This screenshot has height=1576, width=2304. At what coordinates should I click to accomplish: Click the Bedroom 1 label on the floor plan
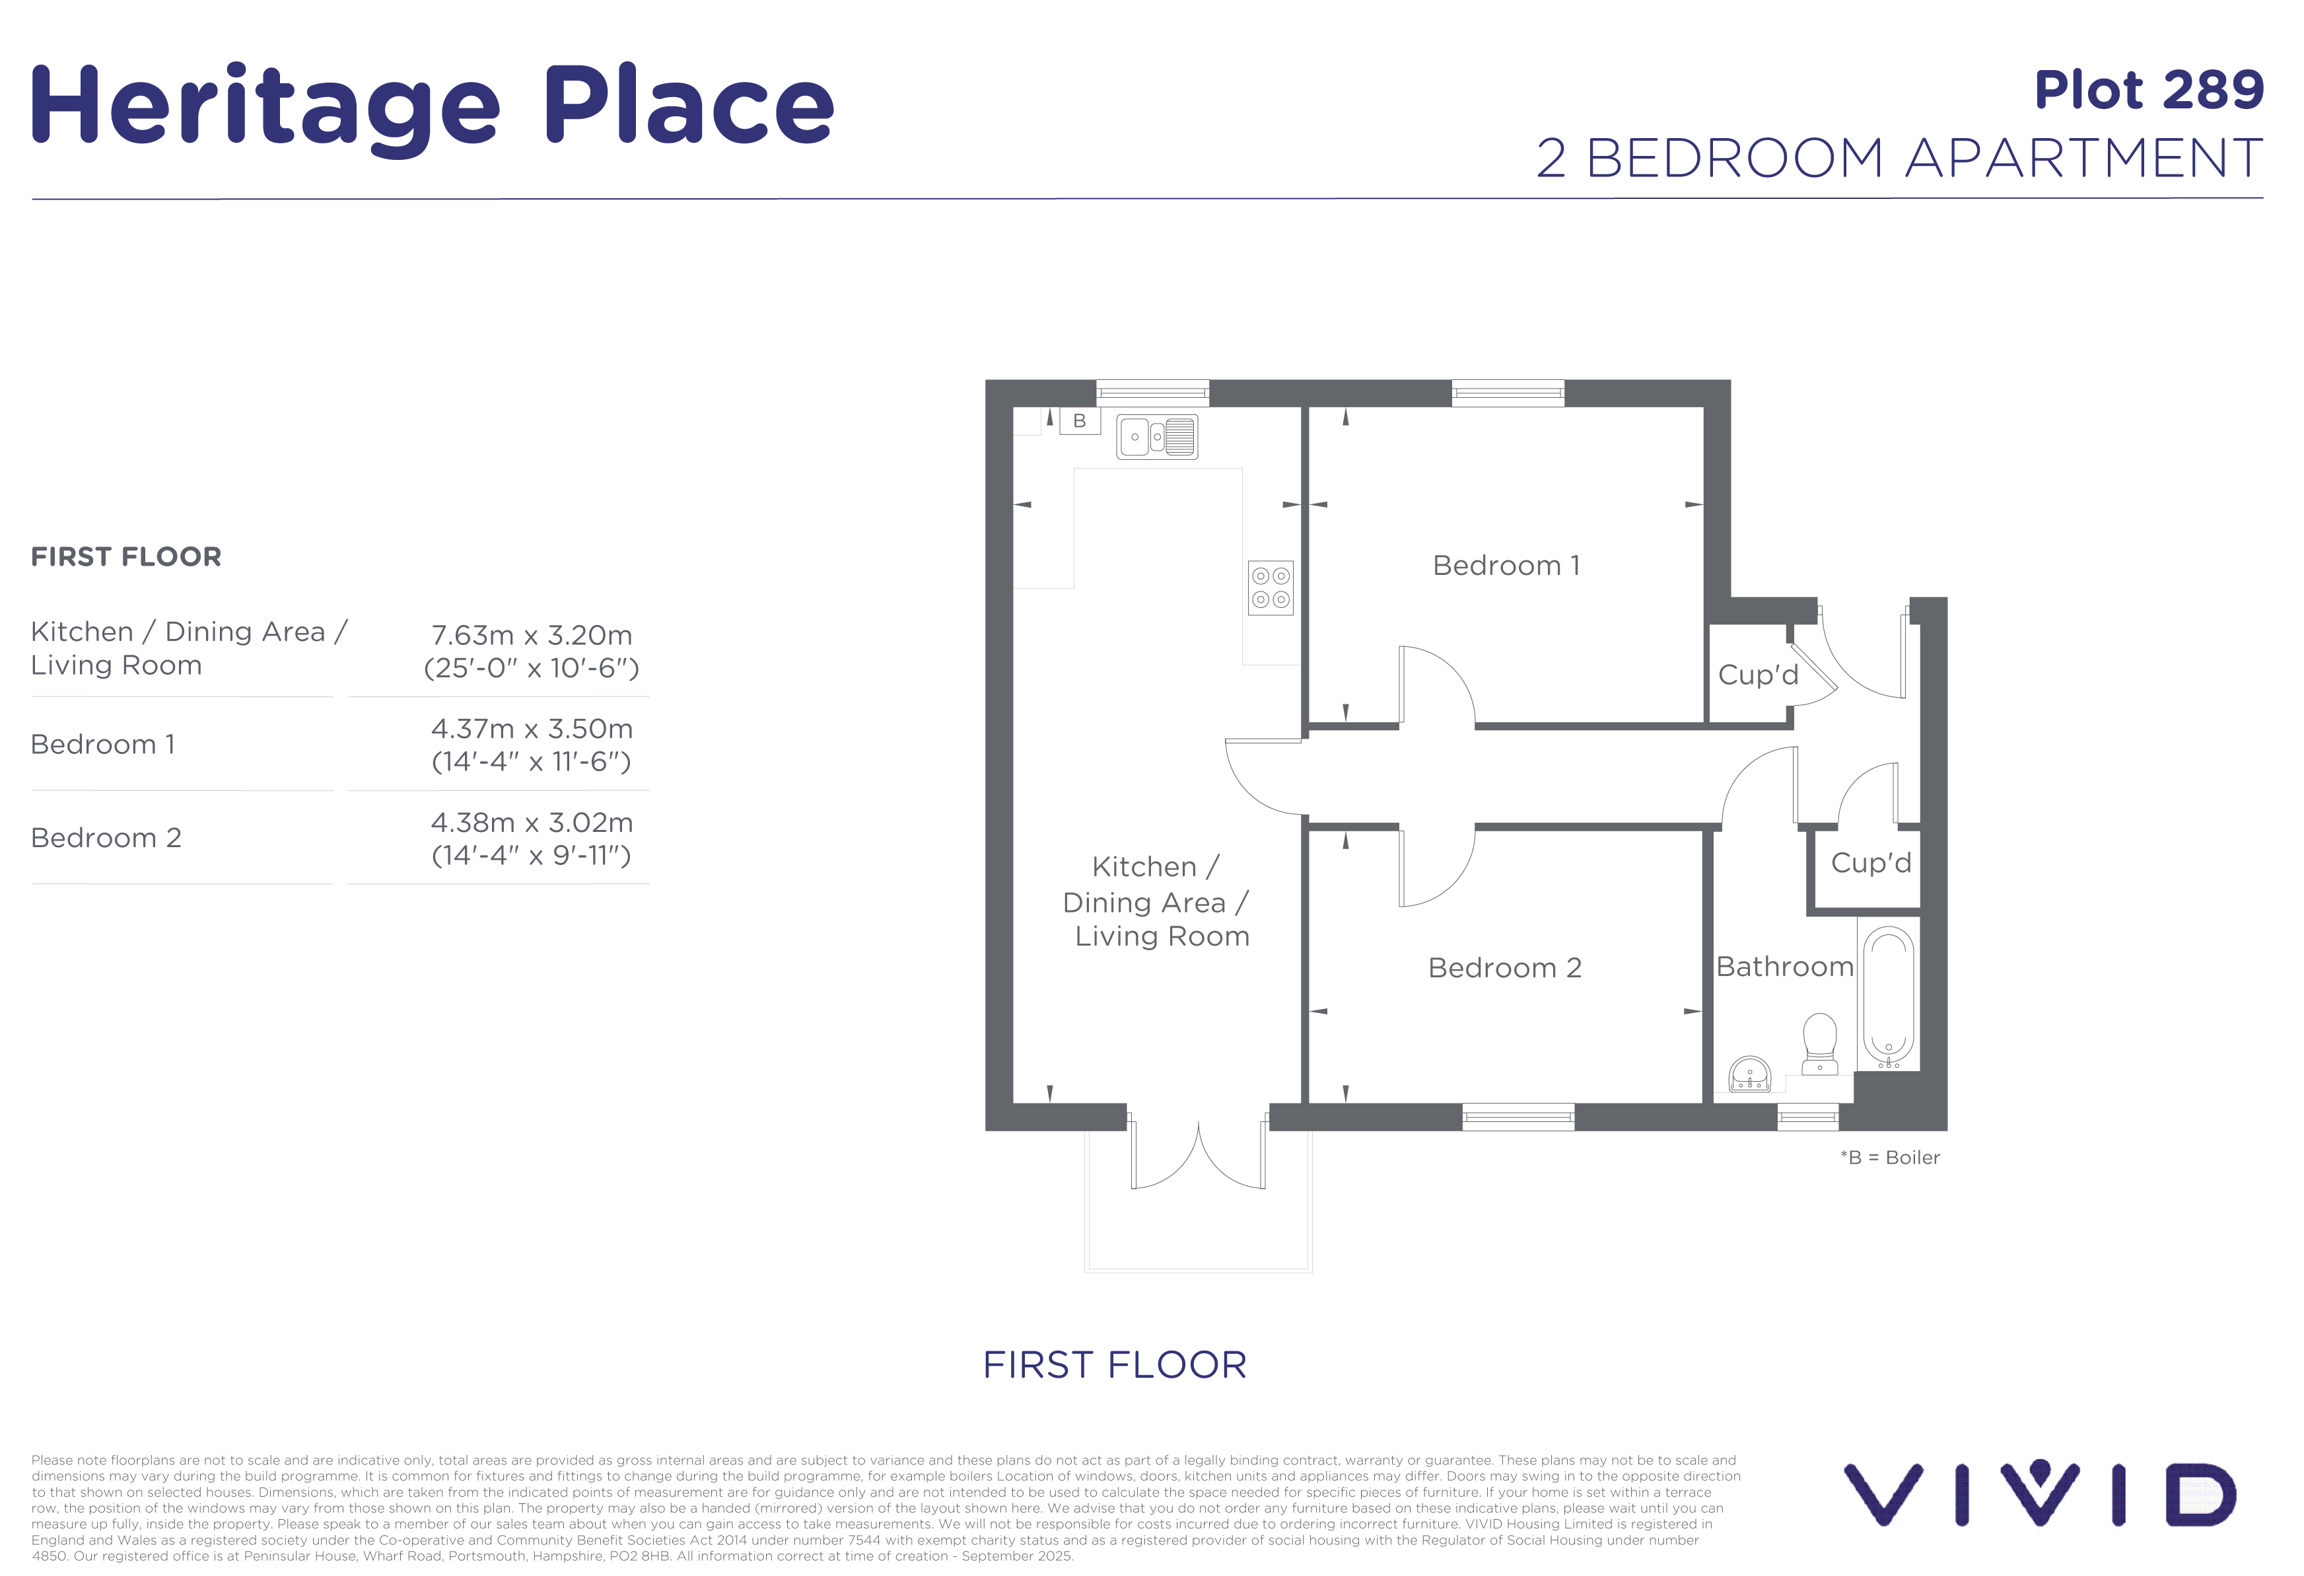pyautogui.click(x=1506, y=566)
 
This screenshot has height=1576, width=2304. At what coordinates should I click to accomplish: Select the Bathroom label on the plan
pyautogui.click(x=1784, y=966)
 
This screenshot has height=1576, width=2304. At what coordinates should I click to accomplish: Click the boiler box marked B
pyautogui.click(x=1080, y=420)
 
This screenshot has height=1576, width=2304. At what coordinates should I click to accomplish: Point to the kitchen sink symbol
pyautogui.click(x=1157, y=436)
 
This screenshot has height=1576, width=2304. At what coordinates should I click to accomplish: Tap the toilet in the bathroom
pyautogui.click(x=1819, y=1043)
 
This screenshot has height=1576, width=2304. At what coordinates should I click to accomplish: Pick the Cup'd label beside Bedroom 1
pyautogui.click(x=1758, y=675)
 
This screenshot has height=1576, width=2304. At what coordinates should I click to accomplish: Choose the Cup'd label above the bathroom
pyautogui.click(x=1871, y=863)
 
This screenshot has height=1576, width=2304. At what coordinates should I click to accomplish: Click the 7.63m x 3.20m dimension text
pyautogui.click(x=532, y=635)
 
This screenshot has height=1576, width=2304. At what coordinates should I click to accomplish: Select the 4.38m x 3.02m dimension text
pyautogui.click(x=532, y=822)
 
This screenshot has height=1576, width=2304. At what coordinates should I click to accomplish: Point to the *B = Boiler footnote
pyautogui.click(x=1889, y=1158)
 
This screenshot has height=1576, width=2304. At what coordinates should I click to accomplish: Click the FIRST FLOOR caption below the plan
pyautogui.click(x=1114, y=1365)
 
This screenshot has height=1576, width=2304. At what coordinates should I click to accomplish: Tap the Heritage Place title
pyautogui.click(x=433, y=107)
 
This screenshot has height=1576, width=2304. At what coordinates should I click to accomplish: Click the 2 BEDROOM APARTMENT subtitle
pyautogui.click(x=1899, y=158)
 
